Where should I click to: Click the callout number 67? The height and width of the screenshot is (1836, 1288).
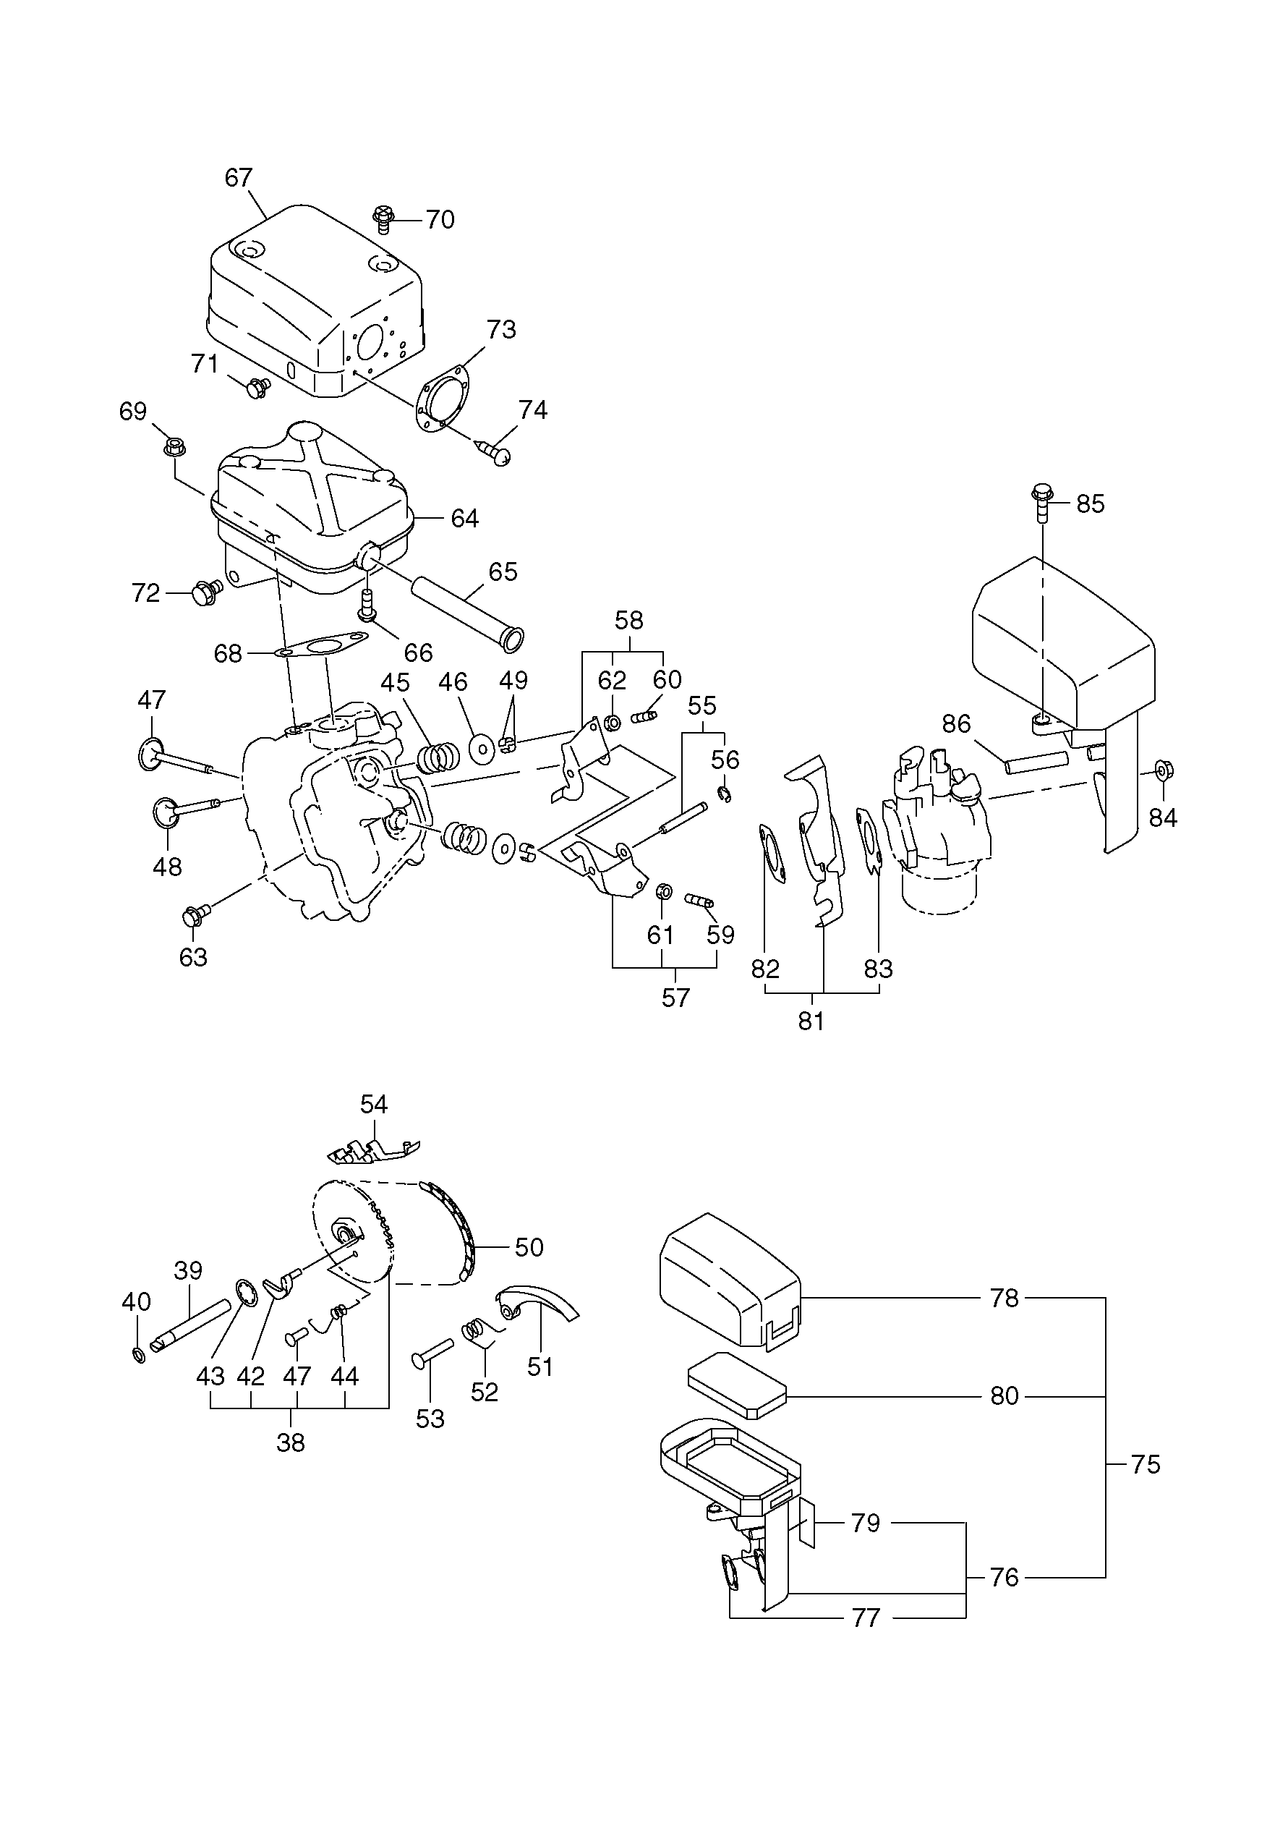click(x=238, y=177)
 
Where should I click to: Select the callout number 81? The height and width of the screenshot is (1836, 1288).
click(x=811, y=1021)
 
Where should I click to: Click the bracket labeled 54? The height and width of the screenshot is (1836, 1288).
click(x=372, y=1152)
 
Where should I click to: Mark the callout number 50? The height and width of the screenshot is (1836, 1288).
click(x=529, y=1246)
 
